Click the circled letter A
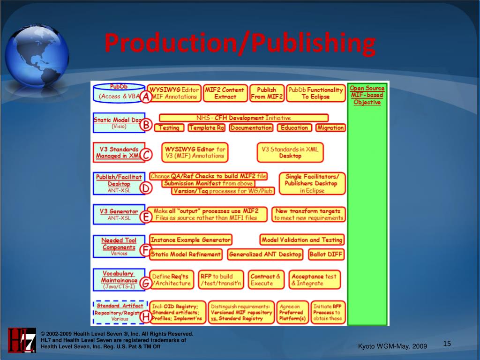pyautogui.click(x=146, y=97)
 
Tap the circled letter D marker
pyautogui.click(x=147, y=188)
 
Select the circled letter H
pyautogui.click(x=146, y=317)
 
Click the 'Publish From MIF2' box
pyautogui.click(x=267, y=93)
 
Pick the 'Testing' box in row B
pyautogui.click(x=169, y=127)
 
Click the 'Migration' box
pyautogui.click(x=330, y=127)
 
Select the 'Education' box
pyautogui.click(x=294, y=127)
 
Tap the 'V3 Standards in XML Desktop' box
pyautogui.click(x=290, y=152)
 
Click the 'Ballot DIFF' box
pyautogui.click(x=326, y=255)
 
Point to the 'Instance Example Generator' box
pyautogui.click(x=190, y=240)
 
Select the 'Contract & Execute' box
pyautogui.click(x=265, y=280)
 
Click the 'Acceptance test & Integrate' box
pyautogui.click(x=315, y=280)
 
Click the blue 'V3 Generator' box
pyautogui.click(x=119, y=214)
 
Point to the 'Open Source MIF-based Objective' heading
pyautogui.click(x=367, y=95)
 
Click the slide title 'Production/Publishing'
pyautogui.click(x=240, y=43)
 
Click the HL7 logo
pyautogui.click(x=22, y=340)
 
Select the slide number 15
pyautogui.click(x=447, y=344)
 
